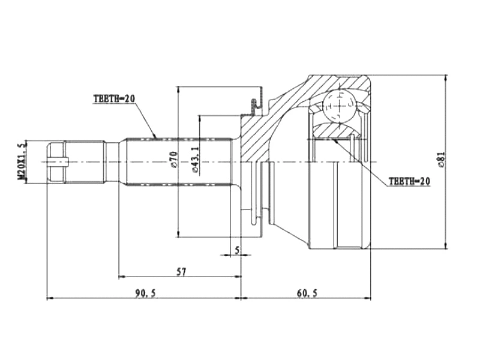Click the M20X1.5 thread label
click(23, 162)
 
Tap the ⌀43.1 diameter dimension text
click(194, 159)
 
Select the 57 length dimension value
click(181, 272)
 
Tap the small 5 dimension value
click(237, 250)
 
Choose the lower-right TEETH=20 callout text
click(409, 180)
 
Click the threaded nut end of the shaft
click(56, 161)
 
